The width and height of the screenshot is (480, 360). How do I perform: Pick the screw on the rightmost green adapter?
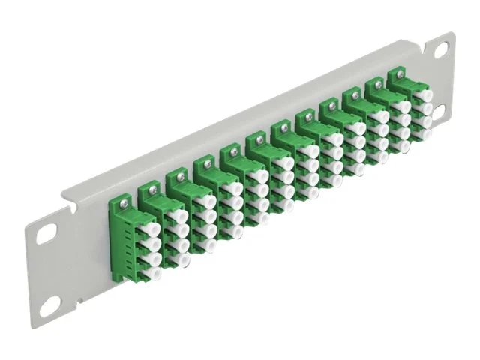coord(397,76)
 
